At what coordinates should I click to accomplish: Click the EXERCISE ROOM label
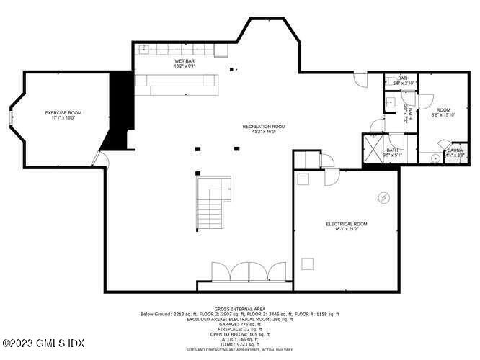pos(63,113)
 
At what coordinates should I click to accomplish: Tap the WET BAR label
pos(185,62)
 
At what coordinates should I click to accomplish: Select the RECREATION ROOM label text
pos(264,127)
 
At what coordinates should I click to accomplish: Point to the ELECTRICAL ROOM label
pos(347,224)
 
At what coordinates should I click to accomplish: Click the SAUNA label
pos(455,150)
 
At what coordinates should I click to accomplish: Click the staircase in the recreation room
pos(213,202)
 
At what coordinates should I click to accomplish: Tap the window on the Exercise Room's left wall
pos(10,119)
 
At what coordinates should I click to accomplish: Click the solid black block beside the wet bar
pos(120,101)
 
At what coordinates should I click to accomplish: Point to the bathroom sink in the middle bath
pos(388,103)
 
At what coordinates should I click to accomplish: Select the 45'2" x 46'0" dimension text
pos(264,132)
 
